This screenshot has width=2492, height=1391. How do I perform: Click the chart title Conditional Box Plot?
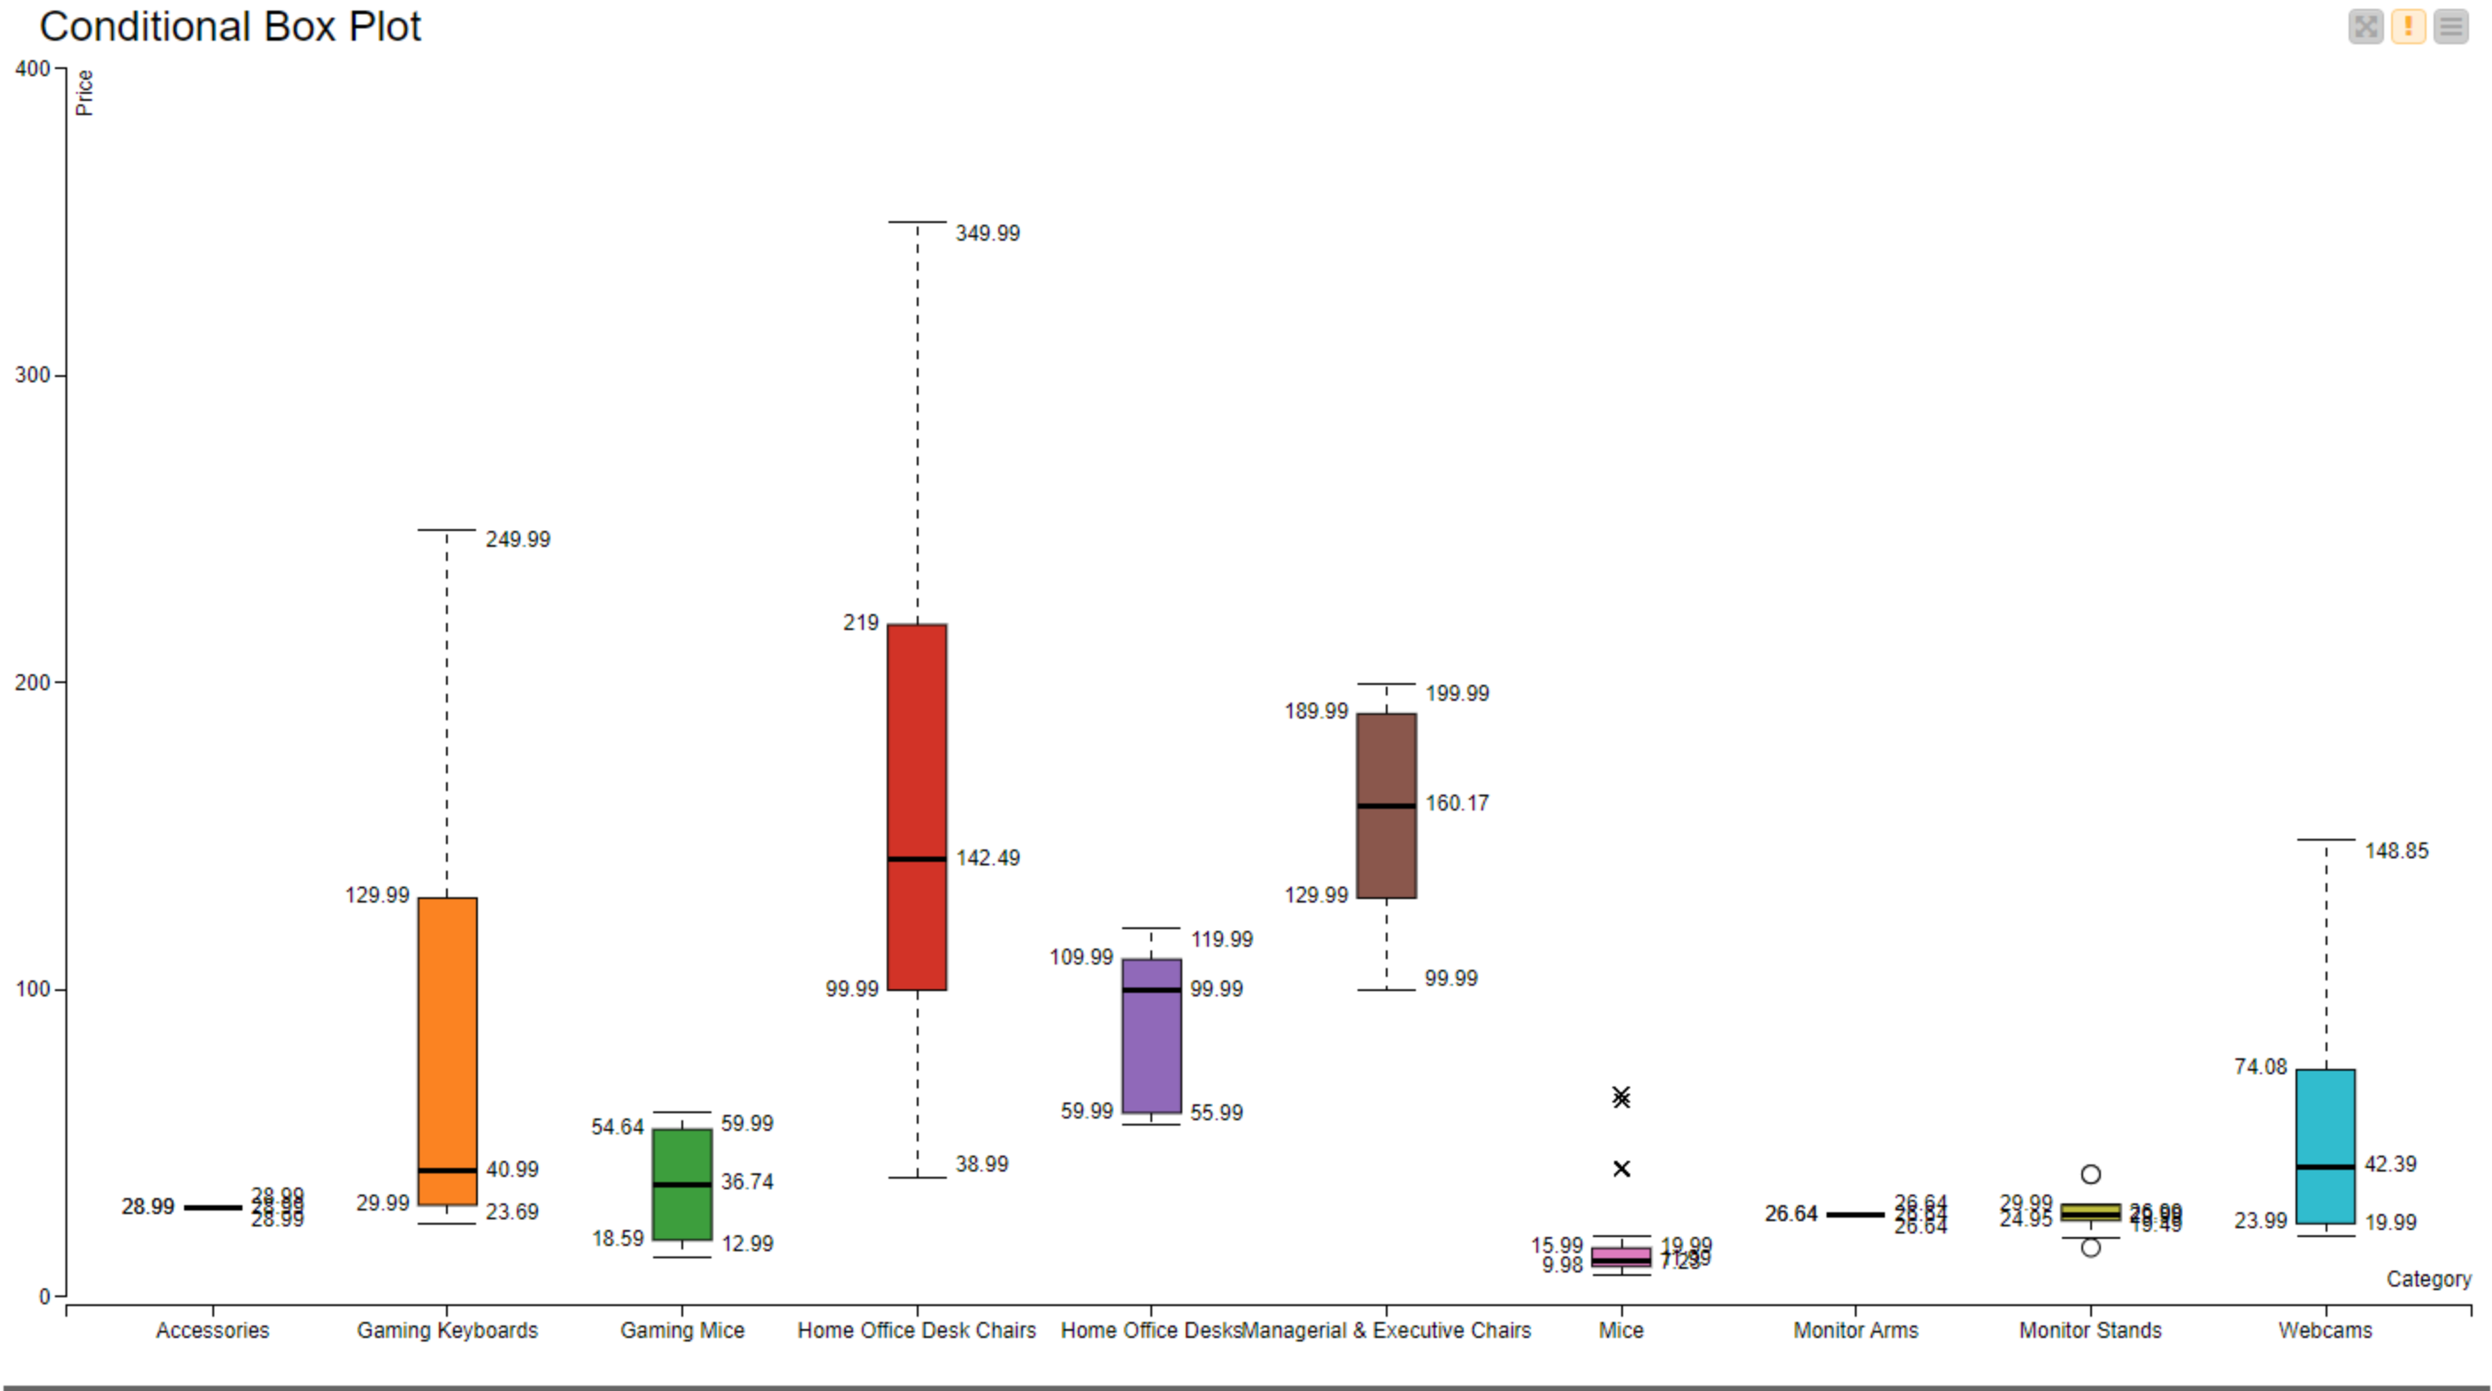(x=230, y=27)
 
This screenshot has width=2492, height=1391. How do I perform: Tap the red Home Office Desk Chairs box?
(x=917, y=807)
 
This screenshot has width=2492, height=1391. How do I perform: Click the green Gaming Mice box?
(x=682, y=1183)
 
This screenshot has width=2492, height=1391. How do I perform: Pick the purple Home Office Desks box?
(x=1151, y=1035)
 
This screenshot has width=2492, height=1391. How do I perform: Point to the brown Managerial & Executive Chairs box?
(x=1387, y=805)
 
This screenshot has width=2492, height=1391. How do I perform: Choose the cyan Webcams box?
(x=2326, y=1145)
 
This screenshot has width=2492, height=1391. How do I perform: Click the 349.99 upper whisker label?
(x=987, y=233)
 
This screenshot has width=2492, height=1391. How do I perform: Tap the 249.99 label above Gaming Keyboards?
(x=518, y=539)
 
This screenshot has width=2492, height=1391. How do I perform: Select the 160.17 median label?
(x=1457, y=803)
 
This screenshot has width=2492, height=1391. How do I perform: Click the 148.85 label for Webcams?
(x=2396, y=850)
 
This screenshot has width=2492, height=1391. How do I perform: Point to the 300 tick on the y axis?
(x=32, y=374)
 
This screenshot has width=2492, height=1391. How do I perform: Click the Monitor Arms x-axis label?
(x=1856, y=1330)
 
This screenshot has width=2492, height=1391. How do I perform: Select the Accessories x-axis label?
(x=212, y=1330)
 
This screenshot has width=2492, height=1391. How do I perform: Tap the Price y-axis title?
(x=84, y=93)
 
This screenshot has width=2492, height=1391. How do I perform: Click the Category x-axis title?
(x=2428, y=1279)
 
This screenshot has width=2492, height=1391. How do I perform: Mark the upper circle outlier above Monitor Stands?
(x=2090, y=1174)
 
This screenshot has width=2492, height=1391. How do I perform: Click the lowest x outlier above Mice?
(x=1621, y=1169)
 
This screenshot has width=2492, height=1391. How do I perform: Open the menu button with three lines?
(x=2450, y=27)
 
